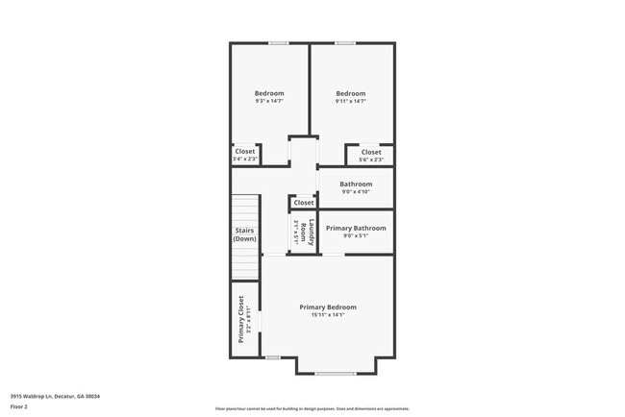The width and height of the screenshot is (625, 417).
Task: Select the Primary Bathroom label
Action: (x=356, y=228)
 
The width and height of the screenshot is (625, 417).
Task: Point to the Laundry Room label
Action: (x=306, y=233)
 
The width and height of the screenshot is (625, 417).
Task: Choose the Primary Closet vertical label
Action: (x=240, y=320)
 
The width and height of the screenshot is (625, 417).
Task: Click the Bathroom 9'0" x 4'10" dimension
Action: (x=355, y=191)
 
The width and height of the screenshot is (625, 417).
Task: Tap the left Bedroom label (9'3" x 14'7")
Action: (x=268, y=93)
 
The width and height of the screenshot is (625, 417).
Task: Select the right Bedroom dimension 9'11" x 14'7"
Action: (x=350, y=101)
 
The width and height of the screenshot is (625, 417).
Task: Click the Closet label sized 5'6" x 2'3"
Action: (x=370, y=152)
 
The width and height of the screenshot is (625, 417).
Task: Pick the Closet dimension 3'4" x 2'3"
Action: (x=244, y=159)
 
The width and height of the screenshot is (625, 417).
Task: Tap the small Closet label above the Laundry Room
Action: (x=304, y=203)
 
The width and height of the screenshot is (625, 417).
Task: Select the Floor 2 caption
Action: (x=19, y=406)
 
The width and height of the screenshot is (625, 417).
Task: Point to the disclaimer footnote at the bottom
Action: (x=312, y=409)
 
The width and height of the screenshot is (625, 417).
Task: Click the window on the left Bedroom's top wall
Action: (x=279, y=42)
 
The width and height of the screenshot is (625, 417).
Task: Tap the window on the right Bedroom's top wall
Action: (x=345, y=42)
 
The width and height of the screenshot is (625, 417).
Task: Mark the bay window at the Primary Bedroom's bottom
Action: (x=335, y=373)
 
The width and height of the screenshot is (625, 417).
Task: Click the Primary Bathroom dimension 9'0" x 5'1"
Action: (x=356, y=235)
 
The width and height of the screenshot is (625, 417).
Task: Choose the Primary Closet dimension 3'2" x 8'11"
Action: (x=249, y=320)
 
